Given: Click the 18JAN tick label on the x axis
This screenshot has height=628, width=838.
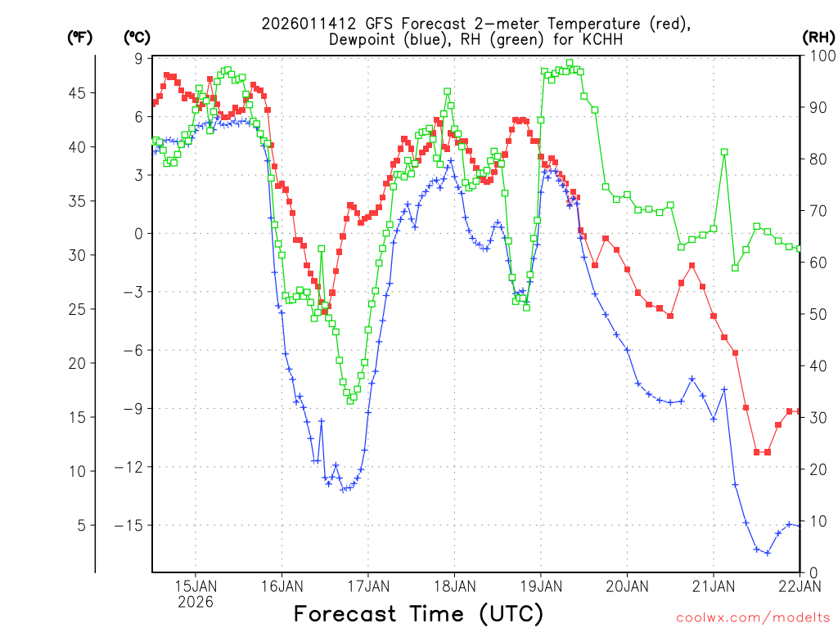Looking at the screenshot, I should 454,585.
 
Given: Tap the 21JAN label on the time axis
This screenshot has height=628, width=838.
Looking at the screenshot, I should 713,585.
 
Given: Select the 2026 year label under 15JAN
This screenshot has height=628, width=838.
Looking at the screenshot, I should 195,602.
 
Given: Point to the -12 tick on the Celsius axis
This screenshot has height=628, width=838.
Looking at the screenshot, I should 129,467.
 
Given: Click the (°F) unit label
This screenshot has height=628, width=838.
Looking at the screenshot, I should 79,37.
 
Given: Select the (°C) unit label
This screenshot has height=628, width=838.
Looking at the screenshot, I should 137,37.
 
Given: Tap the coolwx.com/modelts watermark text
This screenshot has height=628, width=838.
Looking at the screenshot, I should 752,617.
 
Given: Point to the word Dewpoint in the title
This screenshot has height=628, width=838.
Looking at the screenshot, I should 363,39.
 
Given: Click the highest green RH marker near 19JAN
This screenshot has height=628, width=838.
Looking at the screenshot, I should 570,62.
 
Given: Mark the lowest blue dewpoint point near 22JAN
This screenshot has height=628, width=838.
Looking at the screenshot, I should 768,553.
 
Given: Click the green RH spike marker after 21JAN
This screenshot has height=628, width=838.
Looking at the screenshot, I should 724,152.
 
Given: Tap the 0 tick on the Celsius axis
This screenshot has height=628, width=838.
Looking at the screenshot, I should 137,233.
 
